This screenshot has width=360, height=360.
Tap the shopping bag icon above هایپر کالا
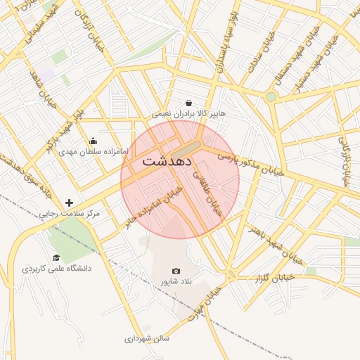188,103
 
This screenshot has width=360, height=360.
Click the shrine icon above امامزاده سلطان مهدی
94,141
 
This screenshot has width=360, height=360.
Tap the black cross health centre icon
69,202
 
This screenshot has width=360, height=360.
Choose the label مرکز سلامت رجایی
70,212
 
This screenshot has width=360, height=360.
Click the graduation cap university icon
56,258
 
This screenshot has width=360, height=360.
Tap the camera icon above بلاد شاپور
176,271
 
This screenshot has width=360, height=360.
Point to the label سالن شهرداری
148,338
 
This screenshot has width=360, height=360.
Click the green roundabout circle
271,96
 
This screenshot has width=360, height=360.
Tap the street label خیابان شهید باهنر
276,245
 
